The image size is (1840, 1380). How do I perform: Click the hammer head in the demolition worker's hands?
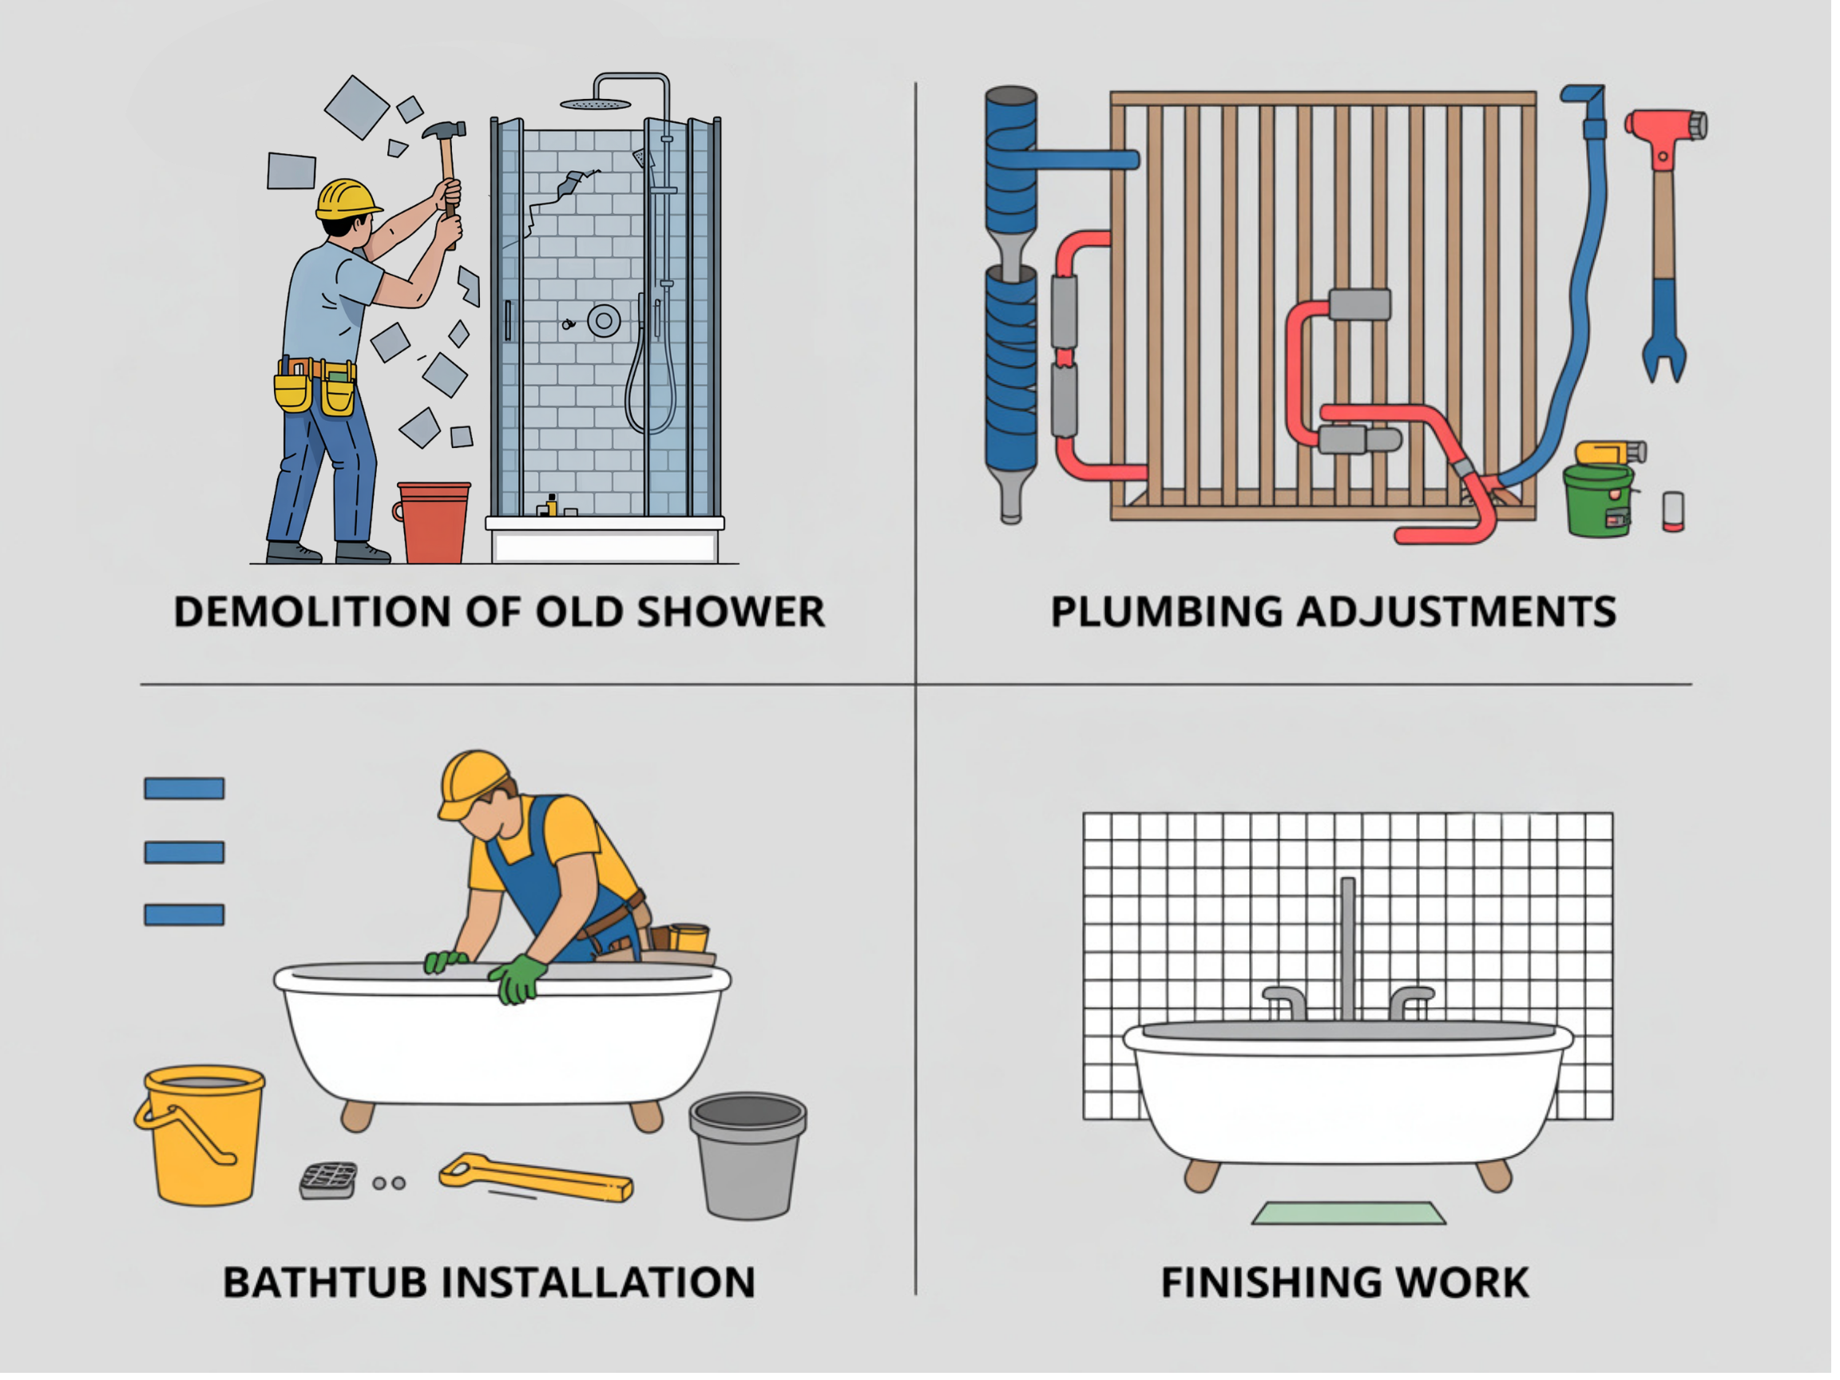point(443,131)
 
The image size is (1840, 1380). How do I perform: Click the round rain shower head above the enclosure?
point(595,104)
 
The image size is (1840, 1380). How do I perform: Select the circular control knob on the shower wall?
point(604,320)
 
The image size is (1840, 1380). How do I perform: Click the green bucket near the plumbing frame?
point(1597,501)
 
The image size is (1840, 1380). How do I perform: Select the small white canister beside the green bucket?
point(1673,511)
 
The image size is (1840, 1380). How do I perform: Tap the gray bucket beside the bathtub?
point(747,1156)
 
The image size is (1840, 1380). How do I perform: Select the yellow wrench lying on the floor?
point(537,1177)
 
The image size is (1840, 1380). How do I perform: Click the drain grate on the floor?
point(328,1180)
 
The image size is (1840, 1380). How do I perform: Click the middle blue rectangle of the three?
point(184,853)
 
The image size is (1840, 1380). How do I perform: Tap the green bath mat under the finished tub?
point(1348,1214)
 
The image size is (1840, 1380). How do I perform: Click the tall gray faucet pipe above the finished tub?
point(1347,948)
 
